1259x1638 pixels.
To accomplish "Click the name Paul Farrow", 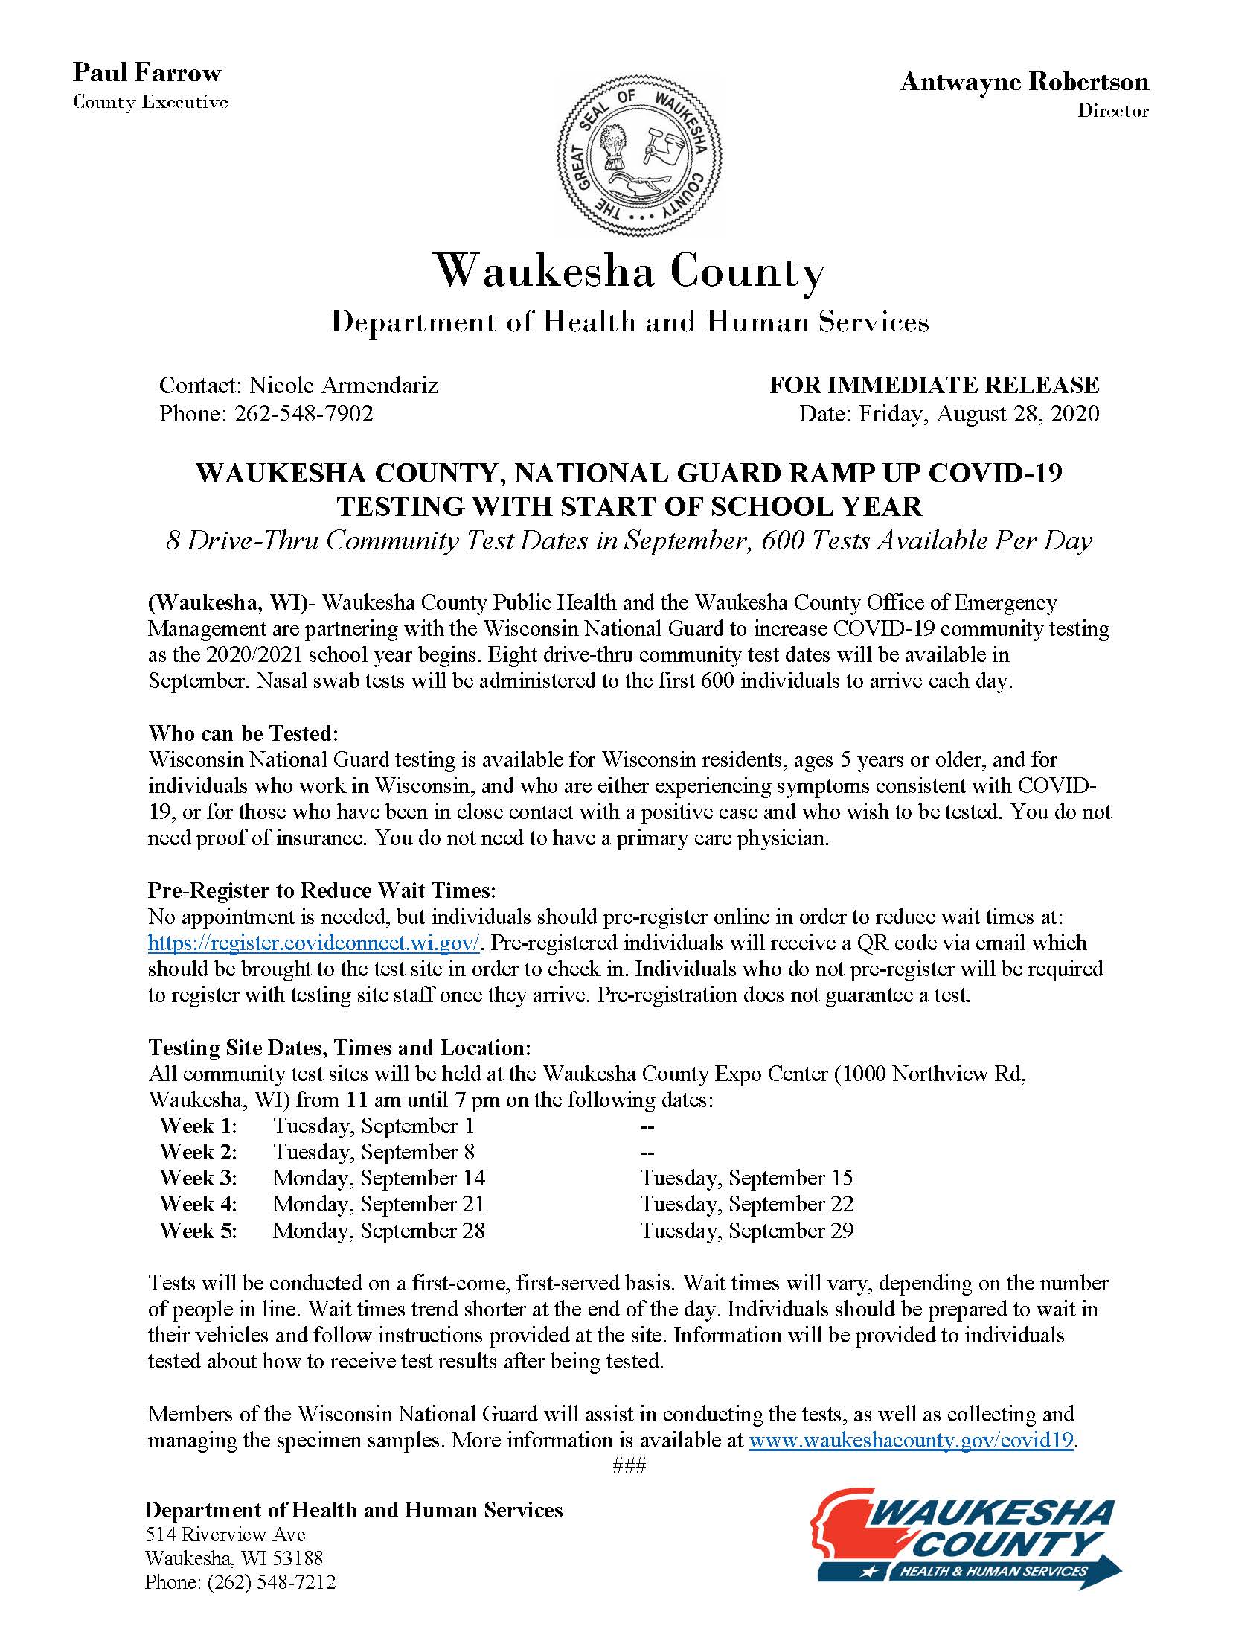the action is point(147,73).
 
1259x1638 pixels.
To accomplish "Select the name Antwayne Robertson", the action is point(1024,82).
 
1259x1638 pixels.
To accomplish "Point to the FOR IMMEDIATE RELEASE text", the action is point(934,386).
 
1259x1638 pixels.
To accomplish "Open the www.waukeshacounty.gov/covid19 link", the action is point(912,1440).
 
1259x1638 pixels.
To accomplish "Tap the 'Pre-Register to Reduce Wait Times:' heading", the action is point(322,890).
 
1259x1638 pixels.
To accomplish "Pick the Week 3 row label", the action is point(198,1178).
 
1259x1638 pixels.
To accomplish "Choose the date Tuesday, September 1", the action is point(374,1125).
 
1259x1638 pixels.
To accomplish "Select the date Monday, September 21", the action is point(379,1204).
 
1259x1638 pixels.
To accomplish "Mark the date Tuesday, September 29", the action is point(746,1230).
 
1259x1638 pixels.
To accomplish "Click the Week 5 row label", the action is point(198,1230).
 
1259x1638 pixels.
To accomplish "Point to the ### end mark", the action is point(629,1465).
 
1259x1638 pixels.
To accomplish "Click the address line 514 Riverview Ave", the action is point(225,1535).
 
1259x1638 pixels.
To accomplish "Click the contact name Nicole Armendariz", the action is point(343,386).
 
